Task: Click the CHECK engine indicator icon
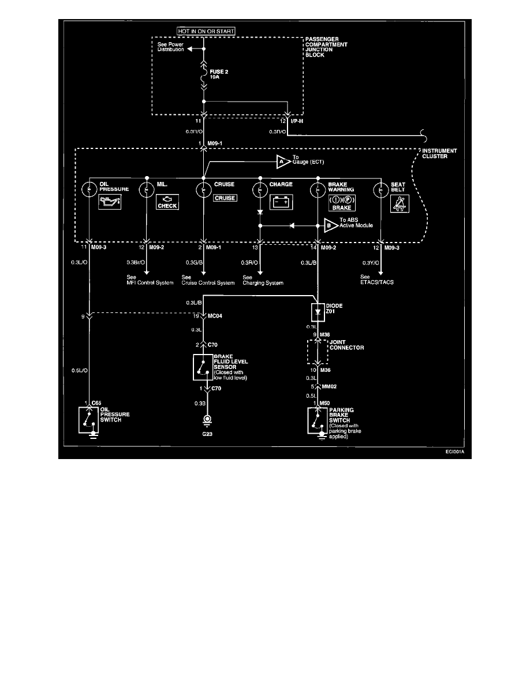tap(167, 202)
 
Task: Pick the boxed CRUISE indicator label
tap(225, 197)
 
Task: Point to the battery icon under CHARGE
tap(282, 202)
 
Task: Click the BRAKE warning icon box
tap(341, 202)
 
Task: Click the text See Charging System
tap(263, 280)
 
